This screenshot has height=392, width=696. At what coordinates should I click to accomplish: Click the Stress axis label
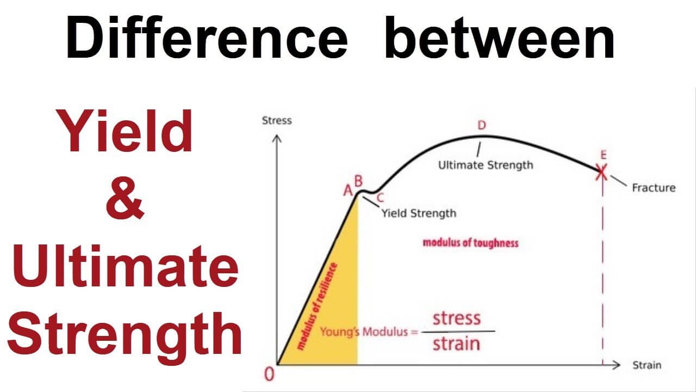(x=277, y=120)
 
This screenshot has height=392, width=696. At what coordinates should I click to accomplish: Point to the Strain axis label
(x=647, y=365)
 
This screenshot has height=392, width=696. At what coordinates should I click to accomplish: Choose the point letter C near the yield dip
(x=380, y=198)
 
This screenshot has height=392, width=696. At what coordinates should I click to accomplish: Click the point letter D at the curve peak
(x=481, y=126)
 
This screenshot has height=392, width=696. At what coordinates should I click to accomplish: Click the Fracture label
(x=654, y=188)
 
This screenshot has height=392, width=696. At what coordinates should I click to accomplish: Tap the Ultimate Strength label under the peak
(x=486, y=164)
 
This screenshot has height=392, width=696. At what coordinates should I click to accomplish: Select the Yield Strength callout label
(x=418, y=213)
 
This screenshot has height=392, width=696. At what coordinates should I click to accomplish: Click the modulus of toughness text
(x=470, y=243)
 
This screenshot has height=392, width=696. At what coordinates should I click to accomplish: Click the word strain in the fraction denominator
(x=457, y=344)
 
